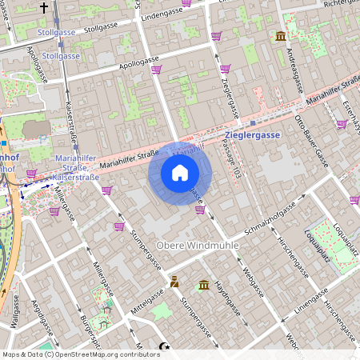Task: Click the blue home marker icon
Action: point(180,173)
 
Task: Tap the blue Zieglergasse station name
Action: point(253,135)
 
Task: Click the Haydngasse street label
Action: point(227,294)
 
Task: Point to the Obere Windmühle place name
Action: point(197,246)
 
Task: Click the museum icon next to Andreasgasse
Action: point(280,37)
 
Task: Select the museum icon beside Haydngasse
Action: point(204,285)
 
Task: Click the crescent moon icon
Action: point(166,346)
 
